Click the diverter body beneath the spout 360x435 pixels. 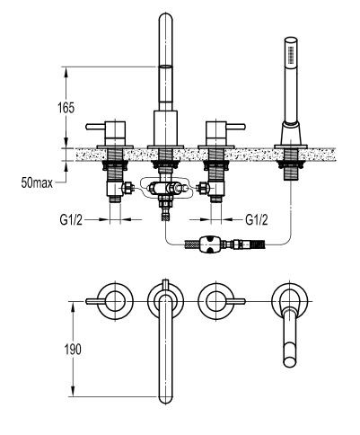point(164,191)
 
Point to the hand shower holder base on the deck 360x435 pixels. point(289,138)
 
